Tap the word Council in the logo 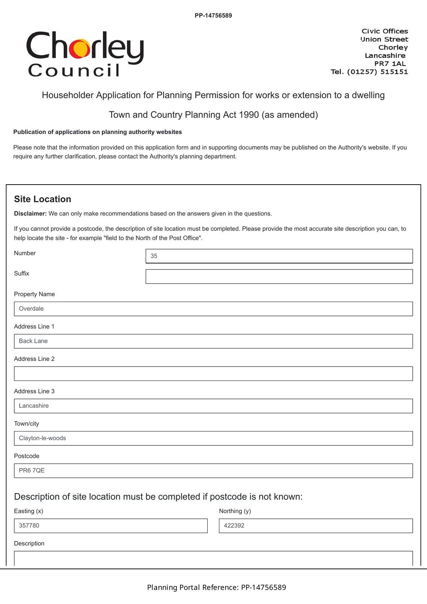74,71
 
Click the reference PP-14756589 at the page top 213,15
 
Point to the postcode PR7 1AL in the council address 390,63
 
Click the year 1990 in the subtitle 249,115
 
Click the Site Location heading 43,199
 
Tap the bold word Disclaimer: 30,214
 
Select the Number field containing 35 279,256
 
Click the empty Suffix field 279,276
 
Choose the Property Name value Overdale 31,309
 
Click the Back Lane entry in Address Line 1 33,341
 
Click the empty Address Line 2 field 213,374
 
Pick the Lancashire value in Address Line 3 34,406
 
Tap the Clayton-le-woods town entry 42,438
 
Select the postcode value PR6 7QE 32,471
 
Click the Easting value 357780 29,526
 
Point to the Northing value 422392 234,526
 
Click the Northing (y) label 235,511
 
